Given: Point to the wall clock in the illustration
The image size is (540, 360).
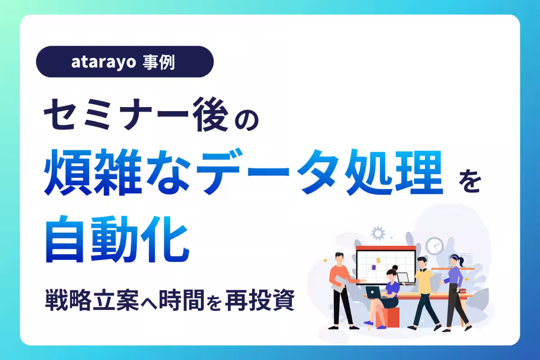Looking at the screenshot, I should [434, 246].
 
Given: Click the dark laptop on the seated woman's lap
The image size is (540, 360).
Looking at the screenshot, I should [374, 292].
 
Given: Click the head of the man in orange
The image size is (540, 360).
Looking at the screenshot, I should [340, 257].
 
